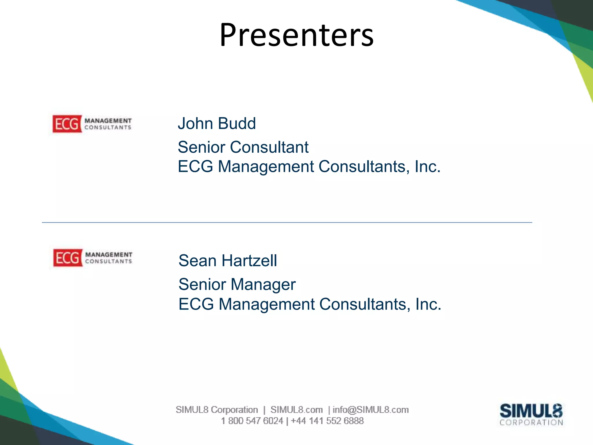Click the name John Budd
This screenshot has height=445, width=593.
tap(217, 123)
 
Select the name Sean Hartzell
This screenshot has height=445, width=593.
tap(228, 260)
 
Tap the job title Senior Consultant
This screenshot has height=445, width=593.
tap(243, 147)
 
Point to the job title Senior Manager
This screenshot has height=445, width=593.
tap(237, 284)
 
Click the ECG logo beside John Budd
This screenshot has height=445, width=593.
tap(92, 124)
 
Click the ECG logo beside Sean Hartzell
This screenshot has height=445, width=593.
tap(93, 258)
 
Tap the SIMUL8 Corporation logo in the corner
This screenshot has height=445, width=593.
tap(531, 414)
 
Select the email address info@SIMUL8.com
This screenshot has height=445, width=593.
tap(371, 410)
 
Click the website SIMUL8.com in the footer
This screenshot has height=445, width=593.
tap(296, 410)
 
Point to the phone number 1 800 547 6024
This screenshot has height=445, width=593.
tap(252, 421)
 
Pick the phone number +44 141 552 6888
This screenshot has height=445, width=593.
tap(327, 421)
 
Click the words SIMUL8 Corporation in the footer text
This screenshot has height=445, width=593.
tap(217, 410)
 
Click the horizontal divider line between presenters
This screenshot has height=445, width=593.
tap(287, 222)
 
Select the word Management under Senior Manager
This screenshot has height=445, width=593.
tap(266, 304)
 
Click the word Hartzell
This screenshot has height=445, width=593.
tap(249, 260)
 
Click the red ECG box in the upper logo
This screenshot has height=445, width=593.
tap(67, 124)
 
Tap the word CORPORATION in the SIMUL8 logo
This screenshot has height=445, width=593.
tap(531, 422)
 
